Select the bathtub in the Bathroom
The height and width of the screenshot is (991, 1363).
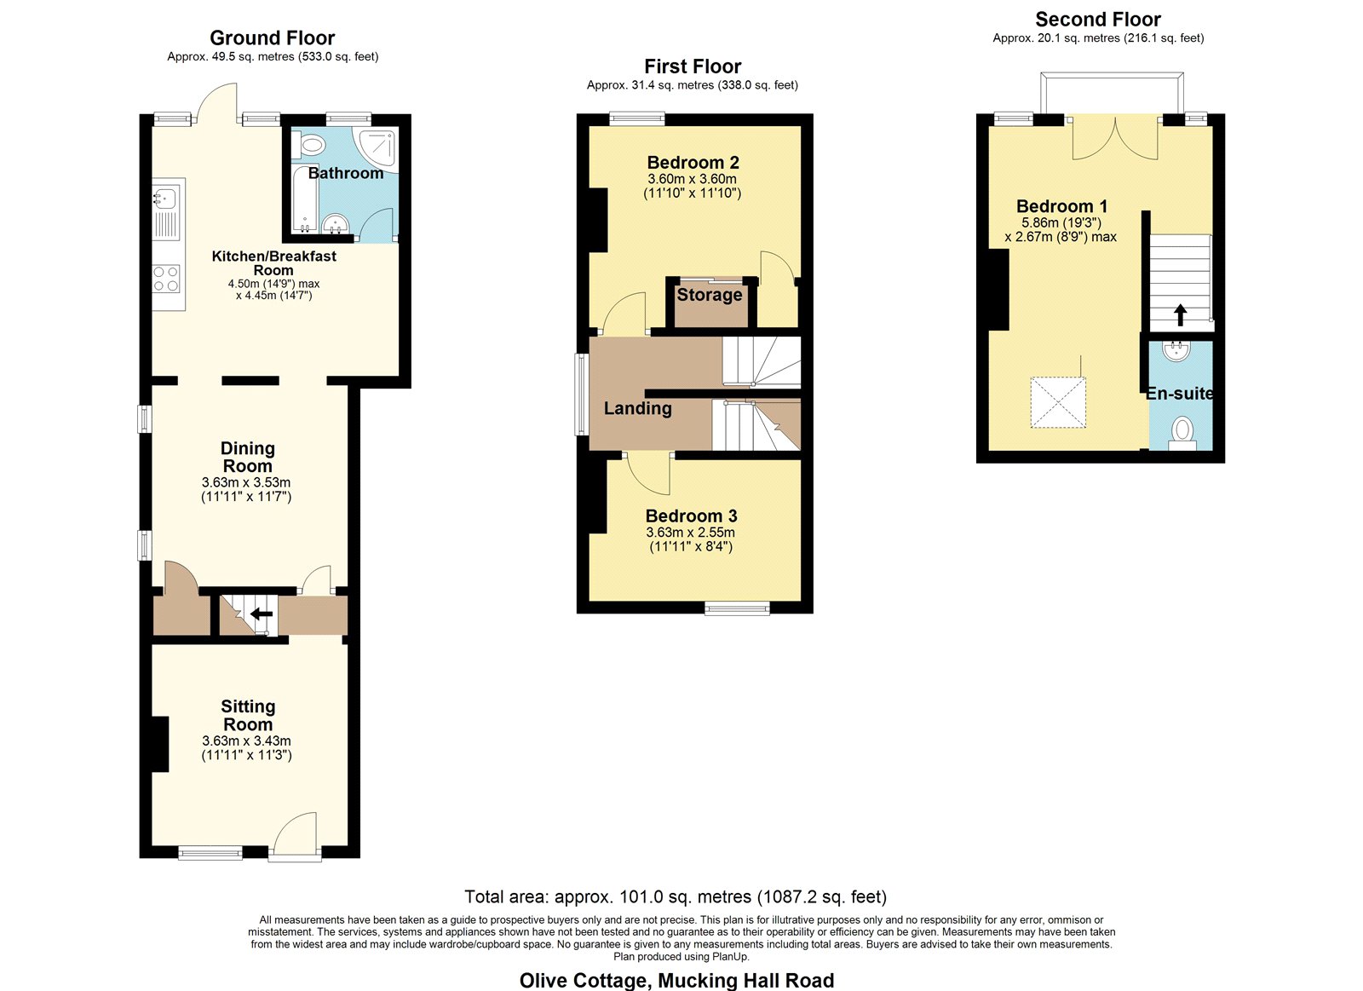pyautogui.click(x=303, y=198)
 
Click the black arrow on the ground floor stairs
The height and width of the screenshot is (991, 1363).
pyautogui.click(x=262, y=614)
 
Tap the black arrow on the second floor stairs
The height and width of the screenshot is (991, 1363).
pyautogui.click(x=1181, y=314)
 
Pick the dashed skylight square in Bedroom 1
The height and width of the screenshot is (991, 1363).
pyautogui.click(x=1057, y=402)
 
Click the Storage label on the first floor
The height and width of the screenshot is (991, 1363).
pyautogui.click(x=710, y=295)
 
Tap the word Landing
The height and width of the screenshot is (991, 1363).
pyautogui.click(x=638, y=408)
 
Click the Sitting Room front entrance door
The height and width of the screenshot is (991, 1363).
pyautogui.click(x=295, y=835)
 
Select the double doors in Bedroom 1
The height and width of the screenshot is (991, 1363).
pyautogui.click(x=1115, y=138)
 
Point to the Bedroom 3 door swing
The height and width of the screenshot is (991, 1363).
pyautogui.click(x=648, y=474)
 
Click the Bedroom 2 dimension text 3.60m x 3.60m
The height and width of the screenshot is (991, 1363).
pyautogui.click(x=692, y=179)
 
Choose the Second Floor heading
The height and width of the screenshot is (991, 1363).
pyautogui.click(x=1098, y=20)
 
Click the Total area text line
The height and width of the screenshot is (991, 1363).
pyautogui.click(x=676, y=896)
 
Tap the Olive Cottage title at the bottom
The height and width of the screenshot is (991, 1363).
pyautogui.click(x=676, y=980)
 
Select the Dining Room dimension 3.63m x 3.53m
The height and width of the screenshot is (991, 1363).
pyautogui.click(x=246, y=482)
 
